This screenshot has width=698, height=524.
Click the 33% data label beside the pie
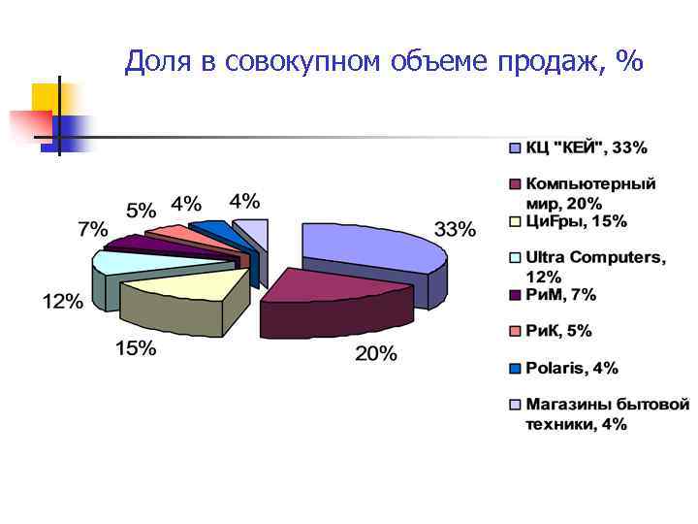455,230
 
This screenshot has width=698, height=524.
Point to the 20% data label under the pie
375,354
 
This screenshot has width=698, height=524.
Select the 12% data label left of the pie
62,302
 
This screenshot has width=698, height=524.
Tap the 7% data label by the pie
93,230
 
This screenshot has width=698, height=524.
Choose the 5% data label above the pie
141,210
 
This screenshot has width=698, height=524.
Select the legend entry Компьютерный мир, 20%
590,193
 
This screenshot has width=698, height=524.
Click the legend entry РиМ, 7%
560,295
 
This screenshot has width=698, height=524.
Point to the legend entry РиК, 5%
557,332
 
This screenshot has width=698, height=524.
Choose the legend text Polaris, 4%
572,369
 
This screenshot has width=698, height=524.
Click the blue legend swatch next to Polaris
515,369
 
